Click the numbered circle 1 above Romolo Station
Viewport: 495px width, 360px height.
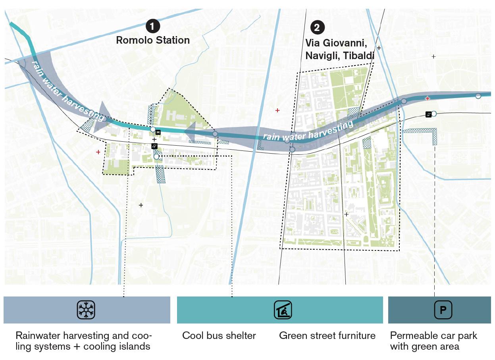click(x=153, y=26)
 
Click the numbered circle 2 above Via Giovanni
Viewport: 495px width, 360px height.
click(x=317, y=27)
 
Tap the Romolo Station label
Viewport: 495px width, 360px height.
click(x=153, y=40)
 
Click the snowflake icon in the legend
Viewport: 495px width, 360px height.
click(x=86, y=310)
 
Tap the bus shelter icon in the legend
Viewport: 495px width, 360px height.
click(x=283, y=310)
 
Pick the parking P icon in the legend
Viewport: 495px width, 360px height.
click(x=443, y=310)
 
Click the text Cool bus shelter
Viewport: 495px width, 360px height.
click(x=219, y=336)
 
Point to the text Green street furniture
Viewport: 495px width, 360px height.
click(x=327, y=336)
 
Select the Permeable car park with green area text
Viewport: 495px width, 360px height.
click(x=433, y=341)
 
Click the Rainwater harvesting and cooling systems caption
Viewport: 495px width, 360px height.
click(x=83, y=341)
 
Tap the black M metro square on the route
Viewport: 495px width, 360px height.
click(x=158, y=132)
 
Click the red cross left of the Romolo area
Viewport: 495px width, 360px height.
click(x=98, y=152)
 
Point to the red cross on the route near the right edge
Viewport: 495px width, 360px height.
click(x=428, y=98)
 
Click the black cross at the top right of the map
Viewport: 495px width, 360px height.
click(x=433, y=57)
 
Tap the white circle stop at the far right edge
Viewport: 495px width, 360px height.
click(x=478, y=96)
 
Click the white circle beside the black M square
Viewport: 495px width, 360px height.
click(x=152, y=129)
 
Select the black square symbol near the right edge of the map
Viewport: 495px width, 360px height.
click(x=428, y=114)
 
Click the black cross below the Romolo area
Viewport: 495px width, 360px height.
click(x=141, y=205)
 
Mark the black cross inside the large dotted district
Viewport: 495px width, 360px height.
click(x=346, y=214)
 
